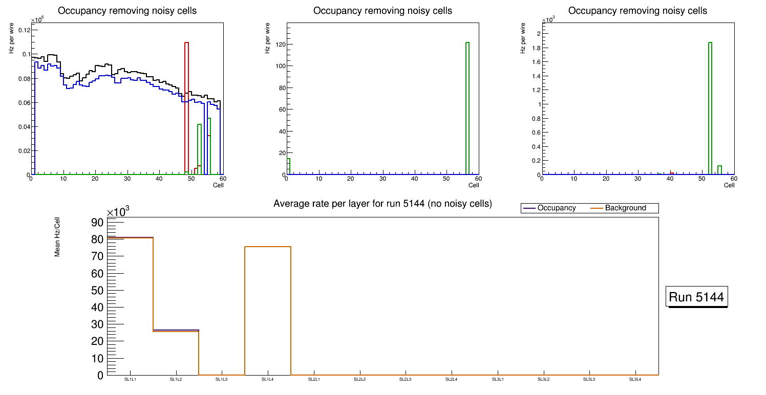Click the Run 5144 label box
(697, 297)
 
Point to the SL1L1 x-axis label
(130, 380)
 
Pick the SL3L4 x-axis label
(635, 380)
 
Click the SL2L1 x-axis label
(314, 380)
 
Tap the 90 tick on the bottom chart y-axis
(97, 222)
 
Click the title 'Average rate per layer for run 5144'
(382, 204)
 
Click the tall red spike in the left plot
(186, 107)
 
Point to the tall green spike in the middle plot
(467, 107)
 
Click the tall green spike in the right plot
(710, 107)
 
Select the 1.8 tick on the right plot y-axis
(533, 48)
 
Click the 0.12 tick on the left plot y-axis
(24, 30)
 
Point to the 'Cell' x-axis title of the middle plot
(474, 185)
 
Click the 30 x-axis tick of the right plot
(638, 179)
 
